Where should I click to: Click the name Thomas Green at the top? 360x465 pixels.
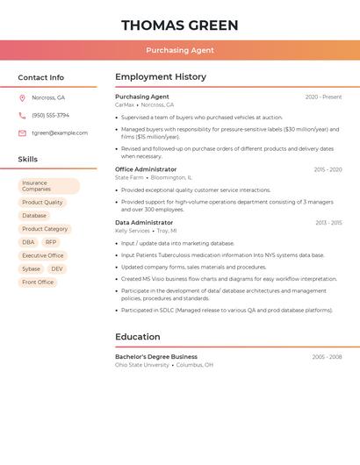[x=179, y=25]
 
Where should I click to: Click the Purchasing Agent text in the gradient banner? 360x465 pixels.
[x=179, y=50]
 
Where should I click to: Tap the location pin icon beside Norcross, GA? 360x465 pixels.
[x=22, y=97]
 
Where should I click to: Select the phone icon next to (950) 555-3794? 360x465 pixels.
[x=22, y=115]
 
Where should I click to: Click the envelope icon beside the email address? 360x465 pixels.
[x=22, y=133]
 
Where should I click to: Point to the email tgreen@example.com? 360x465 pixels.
[x=60, y=133]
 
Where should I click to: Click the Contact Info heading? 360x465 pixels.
[x=41, y=77]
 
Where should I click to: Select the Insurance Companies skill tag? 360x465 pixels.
[x=48, y=186]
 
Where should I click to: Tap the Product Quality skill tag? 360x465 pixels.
[x=42, y=203]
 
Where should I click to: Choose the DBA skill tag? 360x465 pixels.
[x=29, y=242]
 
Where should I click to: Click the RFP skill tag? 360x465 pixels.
[x=51, y=242]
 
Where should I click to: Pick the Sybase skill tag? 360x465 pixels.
[x=31, y=268]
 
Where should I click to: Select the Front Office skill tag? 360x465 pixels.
[x=38, y=283]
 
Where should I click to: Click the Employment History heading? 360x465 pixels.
[x=161, y=77]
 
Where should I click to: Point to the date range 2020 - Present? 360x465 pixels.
[x=323, y=97]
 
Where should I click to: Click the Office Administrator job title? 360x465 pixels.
[x=146, y=169]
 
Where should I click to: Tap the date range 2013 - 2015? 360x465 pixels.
[x=328, y=223]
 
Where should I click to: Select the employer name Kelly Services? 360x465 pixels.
[x=133, y=231]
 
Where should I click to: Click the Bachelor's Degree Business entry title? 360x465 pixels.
[x=156, y=357]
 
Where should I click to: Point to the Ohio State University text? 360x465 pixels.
[x=141, y=365]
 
